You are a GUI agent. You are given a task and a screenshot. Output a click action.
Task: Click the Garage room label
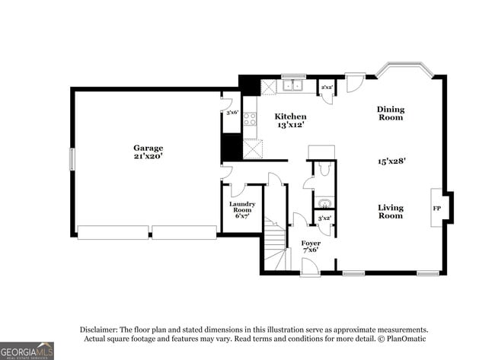148,148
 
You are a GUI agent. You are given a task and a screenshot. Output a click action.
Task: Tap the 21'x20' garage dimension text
148,156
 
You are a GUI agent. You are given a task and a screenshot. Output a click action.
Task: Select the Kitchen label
290,116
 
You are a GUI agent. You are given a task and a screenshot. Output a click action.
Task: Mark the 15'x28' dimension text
391,161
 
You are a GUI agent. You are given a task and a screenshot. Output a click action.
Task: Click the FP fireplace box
437,207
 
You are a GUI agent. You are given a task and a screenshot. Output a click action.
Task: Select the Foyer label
310,243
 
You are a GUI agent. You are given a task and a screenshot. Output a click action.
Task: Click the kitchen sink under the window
293,86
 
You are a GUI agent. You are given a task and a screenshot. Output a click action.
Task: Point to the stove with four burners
250,119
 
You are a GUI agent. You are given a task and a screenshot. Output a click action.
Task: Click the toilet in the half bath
324,169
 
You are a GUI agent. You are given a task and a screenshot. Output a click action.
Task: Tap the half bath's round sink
324,203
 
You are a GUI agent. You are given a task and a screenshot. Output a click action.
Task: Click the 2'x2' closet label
326,88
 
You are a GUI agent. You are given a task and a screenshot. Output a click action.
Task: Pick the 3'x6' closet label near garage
232,113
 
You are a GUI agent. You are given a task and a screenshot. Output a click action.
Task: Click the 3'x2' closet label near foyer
324,218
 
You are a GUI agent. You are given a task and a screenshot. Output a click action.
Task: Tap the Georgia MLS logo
27,351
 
